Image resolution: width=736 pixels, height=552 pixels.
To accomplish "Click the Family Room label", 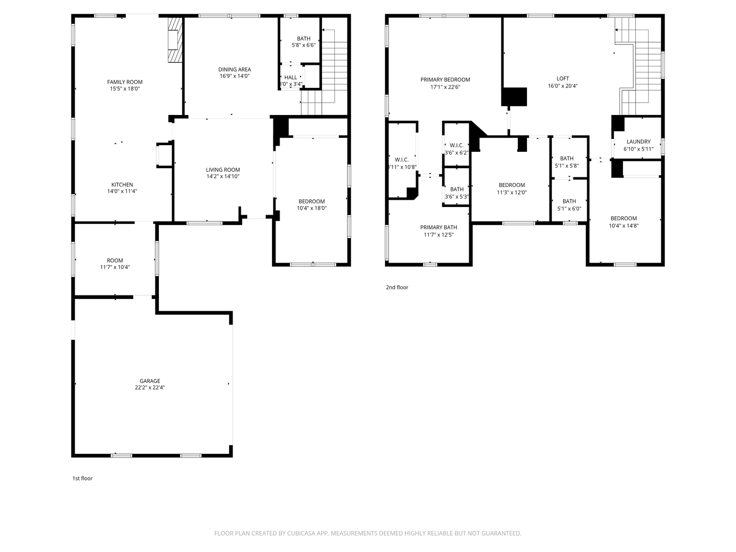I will tap(125, 82).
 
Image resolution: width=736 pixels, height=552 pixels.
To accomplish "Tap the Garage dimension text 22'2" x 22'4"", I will tap(150, 387).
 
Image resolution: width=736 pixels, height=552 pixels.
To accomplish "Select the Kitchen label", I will tap(122, 185).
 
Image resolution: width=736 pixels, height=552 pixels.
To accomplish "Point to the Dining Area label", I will tap(234, 70).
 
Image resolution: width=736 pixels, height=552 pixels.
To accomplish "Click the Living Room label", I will tap(223, 170).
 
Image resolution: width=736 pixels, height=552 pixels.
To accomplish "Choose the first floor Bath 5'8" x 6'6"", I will tap(304, 41).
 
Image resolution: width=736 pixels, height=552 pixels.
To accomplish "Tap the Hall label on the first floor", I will tap(290, 78).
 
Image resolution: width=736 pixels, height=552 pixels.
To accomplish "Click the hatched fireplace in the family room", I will tap(175, 40).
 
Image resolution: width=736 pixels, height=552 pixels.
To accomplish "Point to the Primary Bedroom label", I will tap(445, 80).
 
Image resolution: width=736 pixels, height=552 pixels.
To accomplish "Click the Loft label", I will tap(562, 79).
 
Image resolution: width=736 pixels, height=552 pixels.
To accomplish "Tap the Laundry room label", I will tap(638, 142).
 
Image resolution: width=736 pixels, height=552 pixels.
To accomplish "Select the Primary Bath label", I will tap(439, 227).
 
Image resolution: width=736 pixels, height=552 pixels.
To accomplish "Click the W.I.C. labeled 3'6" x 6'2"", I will tap(456, 146).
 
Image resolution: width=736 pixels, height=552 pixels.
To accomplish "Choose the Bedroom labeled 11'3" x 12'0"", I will tap(512, 185).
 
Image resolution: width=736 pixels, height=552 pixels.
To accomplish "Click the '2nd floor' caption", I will tap(397, 287).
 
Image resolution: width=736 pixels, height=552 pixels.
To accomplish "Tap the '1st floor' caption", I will tap(82, 478).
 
